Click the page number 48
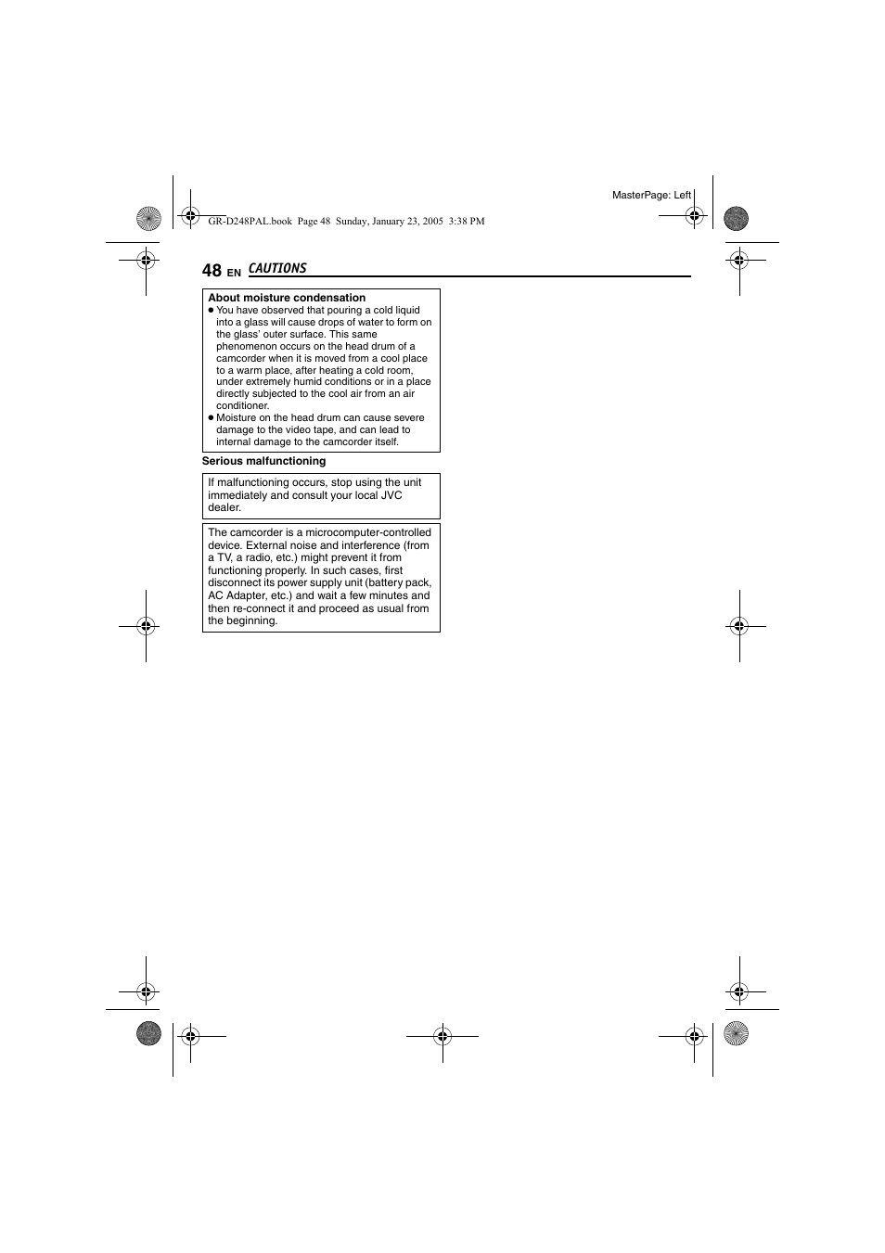click(x=212, y=270)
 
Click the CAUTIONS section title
click(x=277, y=268)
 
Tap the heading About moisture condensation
click(x=287, y=298)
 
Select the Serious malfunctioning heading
click(x=263, y=461)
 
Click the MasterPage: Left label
click(x=651, y=195)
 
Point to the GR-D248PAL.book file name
click(x=250, y=222)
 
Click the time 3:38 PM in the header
click(x=466, y=222)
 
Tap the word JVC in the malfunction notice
click(x=391, y=495)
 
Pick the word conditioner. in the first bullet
click(x=242, y=405)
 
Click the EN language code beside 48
click(x=234, y=273)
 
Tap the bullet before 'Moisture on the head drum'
click(x=211, y=417)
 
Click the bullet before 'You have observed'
click(x=211, y=311)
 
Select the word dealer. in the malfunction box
click(x=224, y=507)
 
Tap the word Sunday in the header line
click(x=352, y=222)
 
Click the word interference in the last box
click(x=371, y=545)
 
